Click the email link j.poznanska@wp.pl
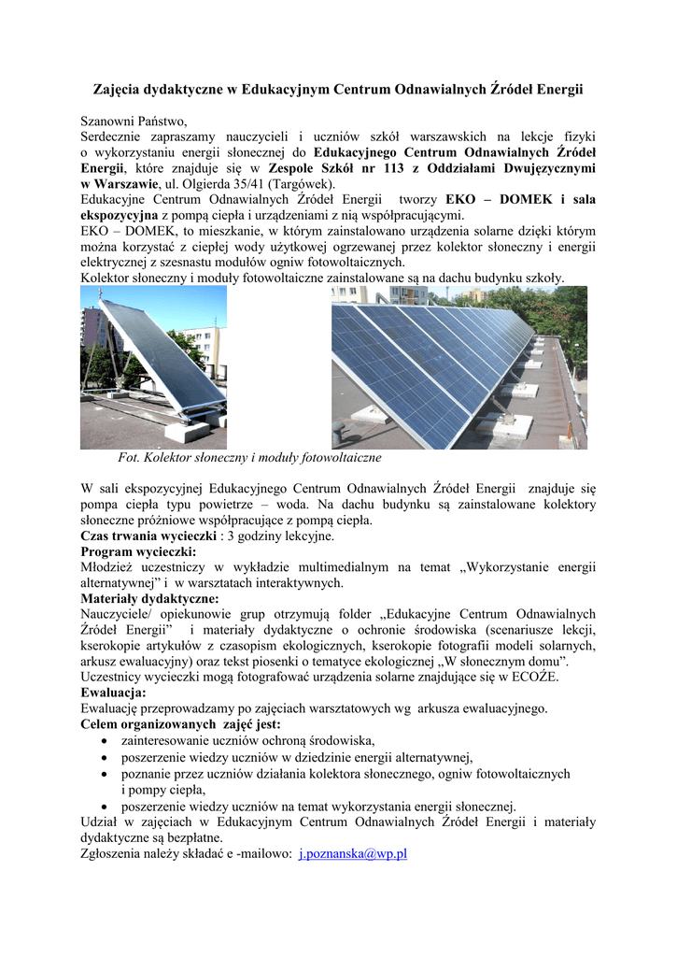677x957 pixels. click(x=352, y=853)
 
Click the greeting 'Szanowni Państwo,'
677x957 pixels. click(x=134, y=121)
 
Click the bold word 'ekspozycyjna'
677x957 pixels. click(x=120, y=215)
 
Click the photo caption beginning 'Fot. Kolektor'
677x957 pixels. click(x=249, y=458)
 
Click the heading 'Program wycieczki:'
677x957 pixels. click(x=138, y=551)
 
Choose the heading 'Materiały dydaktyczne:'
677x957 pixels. click(x=150, y=598)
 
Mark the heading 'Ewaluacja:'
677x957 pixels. click(x=113, y=693)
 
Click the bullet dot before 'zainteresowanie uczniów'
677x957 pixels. click(x=106, y=740)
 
